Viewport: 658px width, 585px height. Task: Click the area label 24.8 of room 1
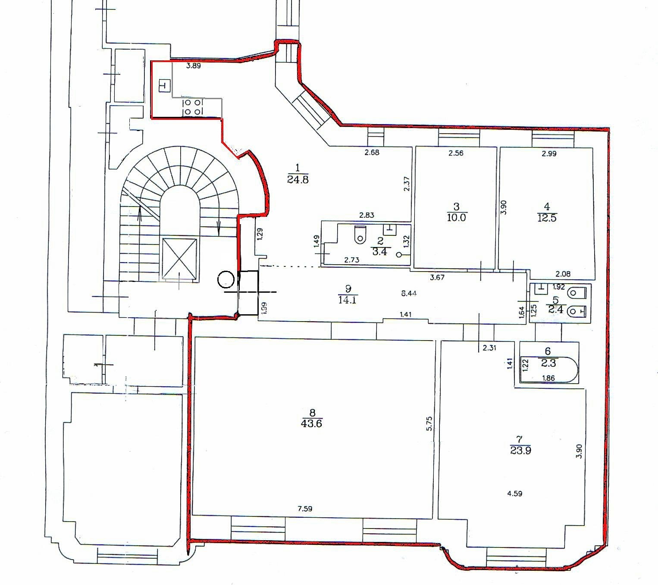click(298, 179)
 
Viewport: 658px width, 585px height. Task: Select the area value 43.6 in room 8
click(311, 424)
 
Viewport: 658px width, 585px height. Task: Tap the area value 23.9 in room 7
click(520, 450)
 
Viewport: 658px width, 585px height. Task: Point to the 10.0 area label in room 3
click(456, 217)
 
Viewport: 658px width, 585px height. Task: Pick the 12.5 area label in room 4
click(547, 217)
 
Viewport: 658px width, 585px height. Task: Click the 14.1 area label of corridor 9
click(347, 300)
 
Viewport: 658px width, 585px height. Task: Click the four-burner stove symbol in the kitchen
click(193, 107)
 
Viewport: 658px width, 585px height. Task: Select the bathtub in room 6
click(549, 370)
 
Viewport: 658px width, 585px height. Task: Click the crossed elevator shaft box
click(179, 259)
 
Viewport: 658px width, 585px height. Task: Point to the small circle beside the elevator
click(226, 279)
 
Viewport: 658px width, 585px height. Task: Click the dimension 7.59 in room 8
click(305, 509)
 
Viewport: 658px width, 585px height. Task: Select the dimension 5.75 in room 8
click(429, 424)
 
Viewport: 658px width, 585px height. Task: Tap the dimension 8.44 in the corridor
click(409, 293)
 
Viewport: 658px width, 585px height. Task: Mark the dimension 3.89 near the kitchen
click(193, 66)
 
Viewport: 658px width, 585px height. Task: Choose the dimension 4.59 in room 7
click(515, 494)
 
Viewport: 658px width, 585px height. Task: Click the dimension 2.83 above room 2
click(367, 215)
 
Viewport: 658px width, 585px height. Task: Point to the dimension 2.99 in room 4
click(549, 153)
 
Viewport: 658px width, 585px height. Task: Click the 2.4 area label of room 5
click(556, 309)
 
